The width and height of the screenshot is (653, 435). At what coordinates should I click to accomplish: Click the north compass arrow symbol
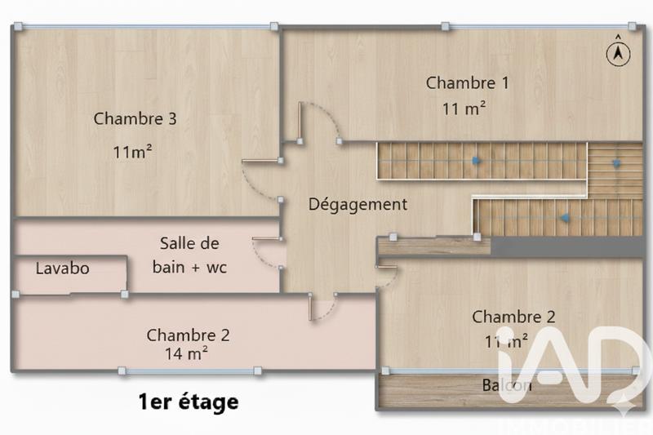618,51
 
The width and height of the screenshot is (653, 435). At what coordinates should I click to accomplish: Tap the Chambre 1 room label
467,82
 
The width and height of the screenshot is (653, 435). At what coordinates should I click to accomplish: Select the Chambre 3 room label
135,118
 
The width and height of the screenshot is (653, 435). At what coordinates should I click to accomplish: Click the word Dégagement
358,204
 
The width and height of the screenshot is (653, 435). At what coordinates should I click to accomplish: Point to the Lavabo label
62,268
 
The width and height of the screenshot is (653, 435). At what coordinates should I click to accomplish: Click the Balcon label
506,385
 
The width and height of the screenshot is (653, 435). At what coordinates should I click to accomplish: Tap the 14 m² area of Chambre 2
185,353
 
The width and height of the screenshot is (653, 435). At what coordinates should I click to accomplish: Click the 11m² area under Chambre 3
134,151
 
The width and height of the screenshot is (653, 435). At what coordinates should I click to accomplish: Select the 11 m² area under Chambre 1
464,108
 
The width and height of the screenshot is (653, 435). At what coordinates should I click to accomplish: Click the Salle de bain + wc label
193,255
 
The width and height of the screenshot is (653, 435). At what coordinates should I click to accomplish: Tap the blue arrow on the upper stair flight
475,162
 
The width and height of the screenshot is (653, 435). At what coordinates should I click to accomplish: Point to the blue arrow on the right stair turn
615,162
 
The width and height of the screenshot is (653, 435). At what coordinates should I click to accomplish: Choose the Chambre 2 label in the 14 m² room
188,335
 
